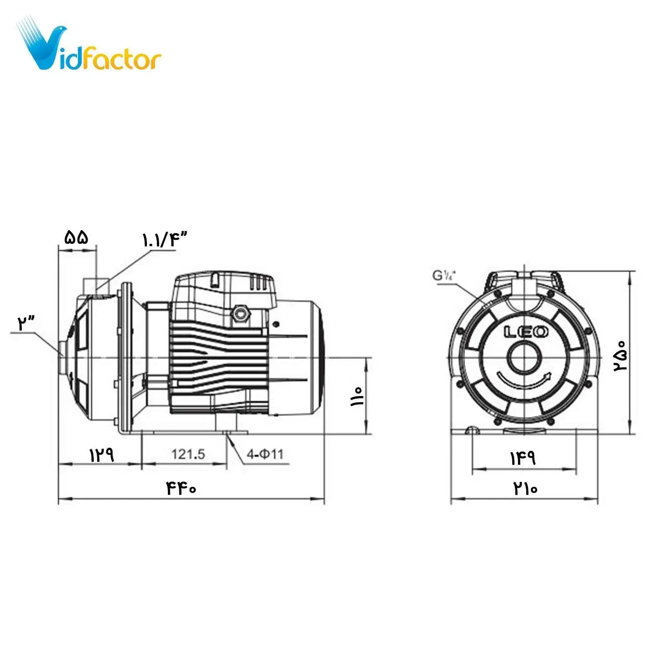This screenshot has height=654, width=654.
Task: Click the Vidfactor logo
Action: (x=89, y=46)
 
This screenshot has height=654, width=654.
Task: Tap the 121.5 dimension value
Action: (x=188, y=454)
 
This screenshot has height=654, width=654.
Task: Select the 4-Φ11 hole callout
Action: (x=265, y=454)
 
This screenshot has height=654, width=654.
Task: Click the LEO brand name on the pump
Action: (x=526, y=332)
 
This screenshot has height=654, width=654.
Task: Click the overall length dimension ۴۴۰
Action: (x=181, y=488)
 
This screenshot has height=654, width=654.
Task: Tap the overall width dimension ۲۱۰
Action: (x=525, y=488)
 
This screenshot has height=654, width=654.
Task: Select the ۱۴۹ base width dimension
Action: (x=523, y=458)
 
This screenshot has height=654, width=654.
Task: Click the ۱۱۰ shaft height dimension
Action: (x=357, y=396)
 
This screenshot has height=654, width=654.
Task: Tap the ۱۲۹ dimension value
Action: (x=102, y=455)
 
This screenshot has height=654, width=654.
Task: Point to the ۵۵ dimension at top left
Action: (x=77, y=238)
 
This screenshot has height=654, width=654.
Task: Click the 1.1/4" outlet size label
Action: (x=164, y=240)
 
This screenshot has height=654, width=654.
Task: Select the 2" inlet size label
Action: (x=26, y=324)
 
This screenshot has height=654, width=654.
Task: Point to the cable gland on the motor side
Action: (x=239, y=313)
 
